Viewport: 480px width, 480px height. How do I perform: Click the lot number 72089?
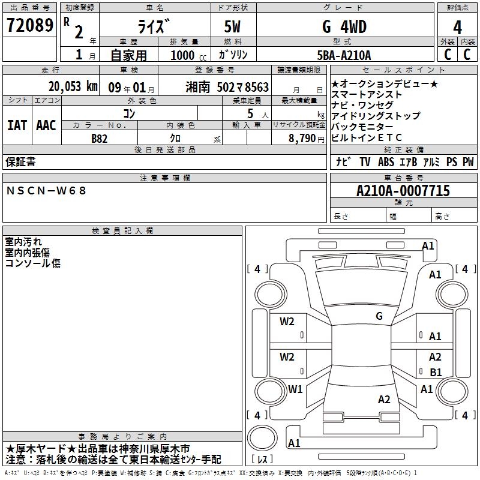pos(29,25)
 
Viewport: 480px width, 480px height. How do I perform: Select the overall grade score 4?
pos(457,27)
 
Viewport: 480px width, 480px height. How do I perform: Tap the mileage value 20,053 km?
pos(73,86)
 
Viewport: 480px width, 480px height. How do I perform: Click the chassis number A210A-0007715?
pos(403,190)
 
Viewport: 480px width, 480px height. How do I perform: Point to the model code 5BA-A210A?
pos(344,55)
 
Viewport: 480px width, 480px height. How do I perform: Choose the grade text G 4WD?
pos(344,26)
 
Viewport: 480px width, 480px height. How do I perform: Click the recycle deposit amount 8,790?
pos(302,138)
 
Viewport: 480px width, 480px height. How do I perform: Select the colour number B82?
pos(99,139)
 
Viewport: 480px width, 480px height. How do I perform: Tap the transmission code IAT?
pos(17,125)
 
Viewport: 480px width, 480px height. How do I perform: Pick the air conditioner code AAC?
pos(46,125)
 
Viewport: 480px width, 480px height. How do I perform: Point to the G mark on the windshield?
pos(379,316)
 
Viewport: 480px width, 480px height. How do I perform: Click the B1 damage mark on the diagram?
pos(436,372)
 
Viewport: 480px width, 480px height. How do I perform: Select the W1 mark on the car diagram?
pos(295,389)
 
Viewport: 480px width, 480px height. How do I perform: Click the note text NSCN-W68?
pos(46,191)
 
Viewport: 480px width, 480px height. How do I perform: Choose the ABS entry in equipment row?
pos(386,161)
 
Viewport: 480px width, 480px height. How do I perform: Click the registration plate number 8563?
pos(257,87)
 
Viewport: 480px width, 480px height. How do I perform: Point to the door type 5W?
pos(232,26)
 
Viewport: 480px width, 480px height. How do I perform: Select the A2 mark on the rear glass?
pos(384,399)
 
